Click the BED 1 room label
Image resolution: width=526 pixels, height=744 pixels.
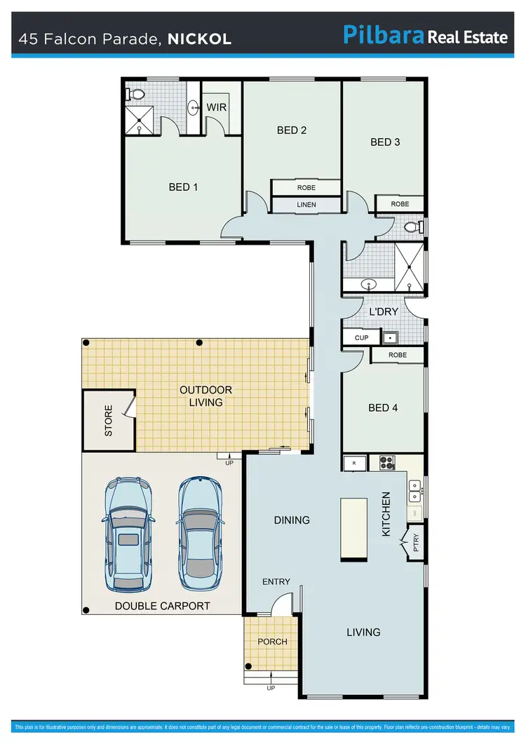click(183, 187)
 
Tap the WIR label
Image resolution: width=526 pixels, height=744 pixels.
click(216, 107)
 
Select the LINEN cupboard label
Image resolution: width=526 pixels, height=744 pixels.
click(306, 205)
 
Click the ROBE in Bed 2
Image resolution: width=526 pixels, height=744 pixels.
click(306, 188)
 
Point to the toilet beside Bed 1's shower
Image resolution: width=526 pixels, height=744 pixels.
click(137, 93)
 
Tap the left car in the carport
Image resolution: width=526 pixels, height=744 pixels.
click(127, 533)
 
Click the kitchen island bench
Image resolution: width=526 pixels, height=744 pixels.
click(354, 529)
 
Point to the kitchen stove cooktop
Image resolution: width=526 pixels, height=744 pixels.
click(387, 463)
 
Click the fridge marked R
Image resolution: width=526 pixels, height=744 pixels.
click(354, 463)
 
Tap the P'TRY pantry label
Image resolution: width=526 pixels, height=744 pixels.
click(414, 544)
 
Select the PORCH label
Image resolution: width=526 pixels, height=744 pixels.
click(272, 642)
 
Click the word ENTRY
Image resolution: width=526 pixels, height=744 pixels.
click(276, 582)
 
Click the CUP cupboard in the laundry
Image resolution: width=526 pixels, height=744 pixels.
click(361, 337)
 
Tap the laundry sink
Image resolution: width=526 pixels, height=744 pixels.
click(390, 337)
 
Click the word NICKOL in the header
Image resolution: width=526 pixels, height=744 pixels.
click(199, 39)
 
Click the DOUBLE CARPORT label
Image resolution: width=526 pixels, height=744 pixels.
click(163, 606)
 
